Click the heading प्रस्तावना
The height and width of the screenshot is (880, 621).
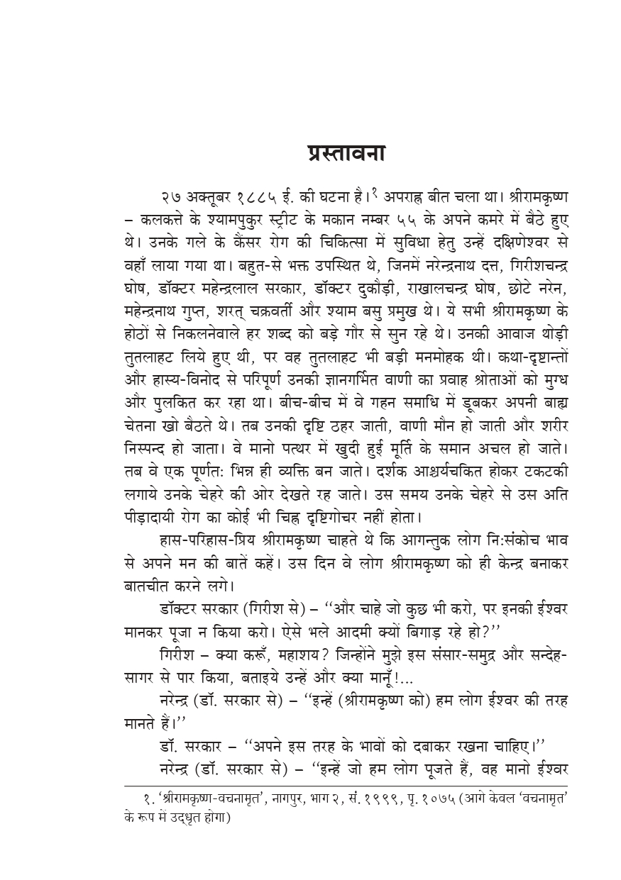347,155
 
